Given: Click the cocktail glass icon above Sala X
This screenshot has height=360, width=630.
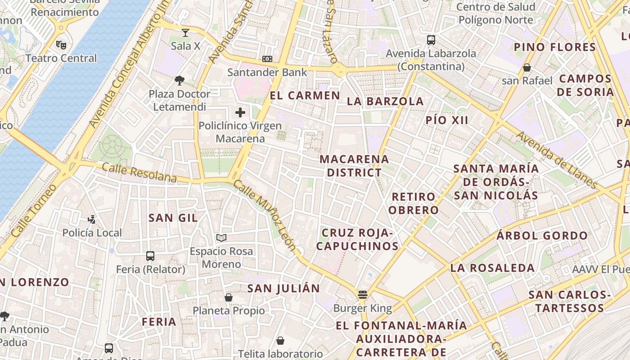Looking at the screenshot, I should (185, 32).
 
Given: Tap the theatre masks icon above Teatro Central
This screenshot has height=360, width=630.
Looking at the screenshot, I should (61, 45).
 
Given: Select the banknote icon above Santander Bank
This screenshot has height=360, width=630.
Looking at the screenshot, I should (267, 59).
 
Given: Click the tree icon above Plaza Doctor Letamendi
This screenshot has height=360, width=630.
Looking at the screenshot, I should (180, 81).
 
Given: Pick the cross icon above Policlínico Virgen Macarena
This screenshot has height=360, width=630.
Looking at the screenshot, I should (240, 112).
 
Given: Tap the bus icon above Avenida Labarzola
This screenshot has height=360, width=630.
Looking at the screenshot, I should (431, 40).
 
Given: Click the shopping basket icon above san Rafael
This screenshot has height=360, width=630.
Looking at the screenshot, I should (527, 67).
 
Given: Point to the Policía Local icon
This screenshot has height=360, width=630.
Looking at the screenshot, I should (92, 219).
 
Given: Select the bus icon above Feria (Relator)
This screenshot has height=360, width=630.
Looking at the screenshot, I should (150, 256).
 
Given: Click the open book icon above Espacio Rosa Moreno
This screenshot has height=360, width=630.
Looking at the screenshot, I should (221, 238).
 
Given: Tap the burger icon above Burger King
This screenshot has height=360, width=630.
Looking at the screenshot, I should (363, 295).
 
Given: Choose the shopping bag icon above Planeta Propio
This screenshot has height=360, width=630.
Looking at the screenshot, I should (229, 297).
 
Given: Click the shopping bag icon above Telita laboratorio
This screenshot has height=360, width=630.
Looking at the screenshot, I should (280, 341).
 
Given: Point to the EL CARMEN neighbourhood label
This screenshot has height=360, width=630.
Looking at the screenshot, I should (305, 95).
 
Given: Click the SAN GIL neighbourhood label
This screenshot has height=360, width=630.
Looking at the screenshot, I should (173, 218).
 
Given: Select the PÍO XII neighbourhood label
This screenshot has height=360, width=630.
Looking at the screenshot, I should (447, 120).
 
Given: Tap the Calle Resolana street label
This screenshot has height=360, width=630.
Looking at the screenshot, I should (139, 173).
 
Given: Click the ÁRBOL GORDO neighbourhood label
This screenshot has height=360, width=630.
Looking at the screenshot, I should (542, 236).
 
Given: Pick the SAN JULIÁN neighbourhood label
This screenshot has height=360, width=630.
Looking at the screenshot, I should (283, 288).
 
